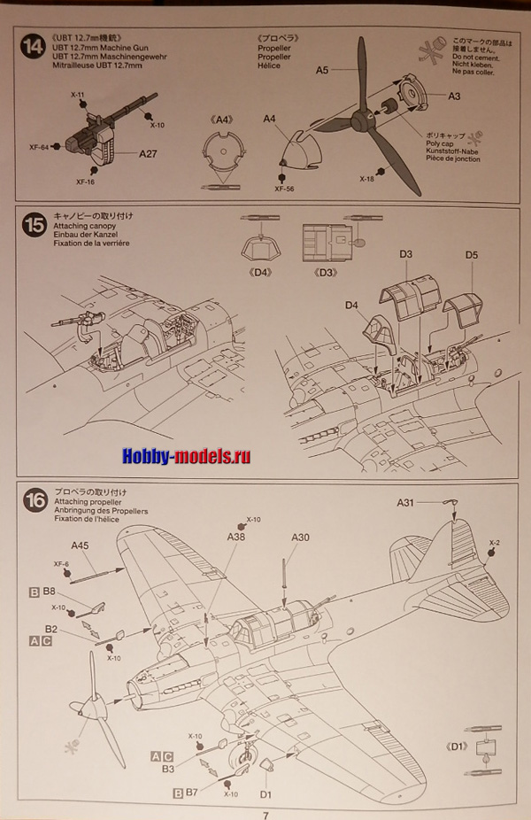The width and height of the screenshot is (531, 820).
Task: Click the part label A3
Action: click(x=454, y=96)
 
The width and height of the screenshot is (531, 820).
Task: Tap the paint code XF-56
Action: click(x=282, y=188)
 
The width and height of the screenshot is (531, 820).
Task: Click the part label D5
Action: click(x=471, y=256)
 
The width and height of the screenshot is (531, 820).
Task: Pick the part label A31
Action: click(x=404, y=503)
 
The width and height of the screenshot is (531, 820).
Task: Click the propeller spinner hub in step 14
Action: click(x=362, y=120)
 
